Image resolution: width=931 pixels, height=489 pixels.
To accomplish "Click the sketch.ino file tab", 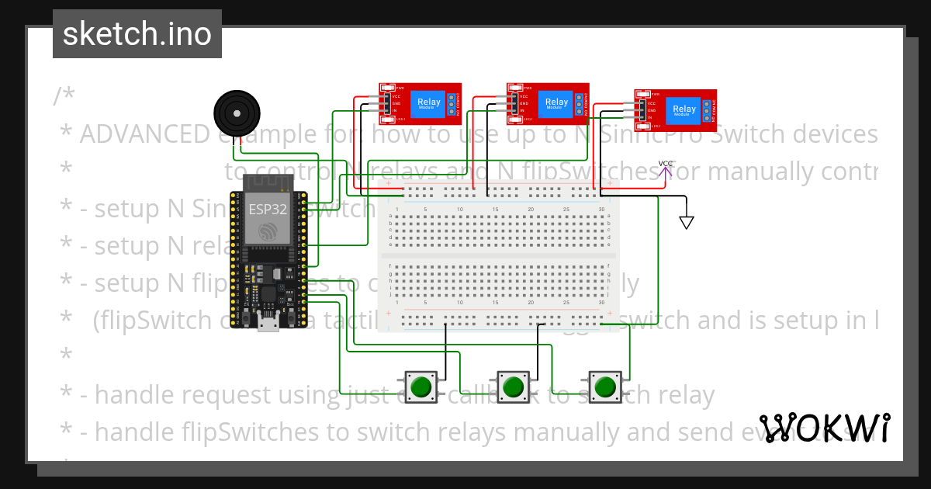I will click(137, 34).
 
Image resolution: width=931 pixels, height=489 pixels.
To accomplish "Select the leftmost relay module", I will click(420, 103).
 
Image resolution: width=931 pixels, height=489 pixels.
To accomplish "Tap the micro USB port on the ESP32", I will click(268, 324).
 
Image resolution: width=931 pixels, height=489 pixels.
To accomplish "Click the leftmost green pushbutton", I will click(421, 386).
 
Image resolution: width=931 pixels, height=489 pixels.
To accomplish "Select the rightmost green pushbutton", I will click(605, 386).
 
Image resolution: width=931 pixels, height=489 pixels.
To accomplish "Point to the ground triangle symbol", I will click(686, 223).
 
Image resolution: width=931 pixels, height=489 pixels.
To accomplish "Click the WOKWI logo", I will click(824, 428).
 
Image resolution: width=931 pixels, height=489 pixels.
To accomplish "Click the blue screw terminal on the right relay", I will click(706, 109).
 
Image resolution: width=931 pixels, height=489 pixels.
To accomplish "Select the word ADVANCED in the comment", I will click(144, 134).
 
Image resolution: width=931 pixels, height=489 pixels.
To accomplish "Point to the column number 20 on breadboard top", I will click(531, 210).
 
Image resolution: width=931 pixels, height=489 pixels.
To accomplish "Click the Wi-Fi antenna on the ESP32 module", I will click(267, 185).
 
